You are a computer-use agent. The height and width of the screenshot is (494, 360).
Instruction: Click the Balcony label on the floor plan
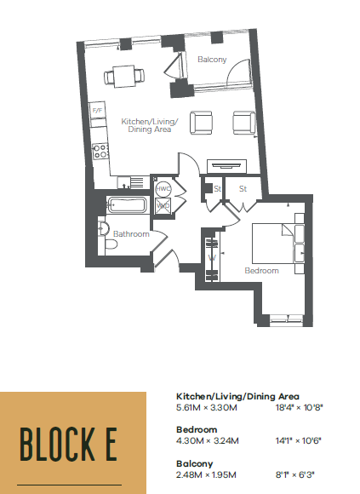212,60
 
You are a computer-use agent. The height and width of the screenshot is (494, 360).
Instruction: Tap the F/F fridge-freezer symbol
97,110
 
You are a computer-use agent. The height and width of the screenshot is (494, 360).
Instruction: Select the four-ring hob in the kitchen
100,152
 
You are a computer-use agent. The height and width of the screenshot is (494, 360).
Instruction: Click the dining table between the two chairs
124,77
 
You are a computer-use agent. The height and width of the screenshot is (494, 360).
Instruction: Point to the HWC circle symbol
163,189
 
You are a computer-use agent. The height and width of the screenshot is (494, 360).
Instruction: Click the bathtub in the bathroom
127,204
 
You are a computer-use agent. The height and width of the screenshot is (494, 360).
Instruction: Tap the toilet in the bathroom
111,244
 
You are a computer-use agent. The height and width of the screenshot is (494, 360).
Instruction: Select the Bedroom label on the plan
262,271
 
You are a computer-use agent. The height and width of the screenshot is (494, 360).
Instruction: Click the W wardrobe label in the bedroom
212,258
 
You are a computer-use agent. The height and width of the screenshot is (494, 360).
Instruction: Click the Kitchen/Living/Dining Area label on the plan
150,125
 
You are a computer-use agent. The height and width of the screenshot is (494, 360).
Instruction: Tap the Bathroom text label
131,234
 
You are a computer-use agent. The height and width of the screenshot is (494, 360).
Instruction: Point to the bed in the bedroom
278,244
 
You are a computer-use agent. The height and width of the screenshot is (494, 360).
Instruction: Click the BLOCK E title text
69,445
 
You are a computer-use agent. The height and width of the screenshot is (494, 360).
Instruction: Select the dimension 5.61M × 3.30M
207,408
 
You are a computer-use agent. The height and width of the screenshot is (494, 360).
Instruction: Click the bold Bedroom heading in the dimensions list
197,430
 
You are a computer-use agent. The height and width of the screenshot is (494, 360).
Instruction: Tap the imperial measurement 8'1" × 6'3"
295,474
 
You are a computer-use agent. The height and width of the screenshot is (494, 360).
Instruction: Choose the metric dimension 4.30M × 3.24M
208,440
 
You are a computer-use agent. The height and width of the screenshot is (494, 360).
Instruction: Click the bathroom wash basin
104,227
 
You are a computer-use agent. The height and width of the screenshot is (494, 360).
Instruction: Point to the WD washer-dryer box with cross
163,206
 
